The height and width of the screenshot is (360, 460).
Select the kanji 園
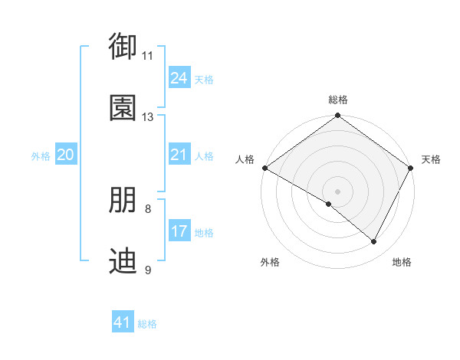pos(123,108)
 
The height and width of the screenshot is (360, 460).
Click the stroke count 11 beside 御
pos(148,56)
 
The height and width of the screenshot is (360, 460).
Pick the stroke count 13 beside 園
pos(148,117)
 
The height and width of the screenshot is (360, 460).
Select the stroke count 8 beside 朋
pos(148,208)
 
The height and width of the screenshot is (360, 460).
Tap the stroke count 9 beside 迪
pos(148,270)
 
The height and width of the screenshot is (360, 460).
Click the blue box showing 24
pos(179,78)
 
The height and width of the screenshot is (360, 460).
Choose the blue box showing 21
pos(179,155)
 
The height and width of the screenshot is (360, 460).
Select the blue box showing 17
pos(179,231)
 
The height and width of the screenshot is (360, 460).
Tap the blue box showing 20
pos(66,155)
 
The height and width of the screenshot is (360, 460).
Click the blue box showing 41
pos(123,322)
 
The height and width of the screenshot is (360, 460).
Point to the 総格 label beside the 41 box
pos(147,324)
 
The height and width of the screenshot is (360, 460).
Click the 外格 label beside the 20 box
pos(41,156)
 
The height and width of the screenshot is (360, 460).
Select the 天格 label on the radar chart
pos(431,159)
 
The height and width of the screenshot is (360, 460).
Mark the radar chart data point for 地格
pos(374,242)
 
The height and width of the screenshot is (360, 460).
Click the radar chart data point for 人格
pos(264,168)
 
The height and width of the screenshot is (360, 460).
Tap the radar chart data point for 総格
pos(337,116)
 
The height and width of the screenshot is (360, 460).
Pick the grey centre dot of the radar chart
pos(337,191)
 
